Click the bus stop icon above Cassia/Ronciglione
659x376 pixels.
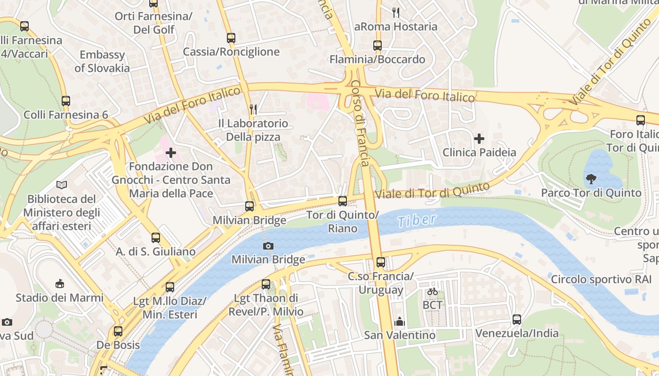pos(231,38)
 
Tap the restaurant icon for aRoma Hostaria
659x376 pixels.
pos(396,13)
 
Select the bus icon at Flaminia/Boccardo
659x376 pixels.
pos(377,46)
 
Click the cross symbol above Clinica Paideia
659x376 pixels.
pos(479,139)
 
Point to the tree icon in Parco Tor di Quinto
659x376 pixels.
pos(591,179)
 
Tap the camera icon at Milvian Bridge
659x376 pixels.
pos(268,246)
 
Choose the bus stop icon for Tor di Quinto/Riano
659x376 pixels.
pos(343,201)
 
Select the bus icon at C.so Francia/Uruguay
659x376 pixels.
pos(380,262)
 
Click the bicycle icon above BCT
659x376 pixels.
pos(432,291)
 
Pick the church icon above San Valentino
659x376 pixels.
pos(400,321)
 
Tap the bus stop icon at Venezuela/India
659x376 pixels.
pos(516,320)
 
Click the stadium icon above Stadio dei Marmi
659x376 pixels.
pos(60,283)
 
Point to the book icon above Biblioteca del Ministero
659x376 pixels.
pos(61,185)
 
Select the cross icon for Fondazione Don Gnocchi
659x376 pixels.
pos(171,153)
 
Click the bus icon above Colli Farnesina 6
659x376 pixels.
pos(66,101)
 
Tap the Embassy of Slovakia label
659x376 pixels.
pos(102,61)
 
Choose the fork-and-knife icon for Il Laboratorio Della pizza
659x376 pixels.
pos(253,110)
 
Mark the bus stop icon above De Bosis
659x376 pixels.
pos(118,331)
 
